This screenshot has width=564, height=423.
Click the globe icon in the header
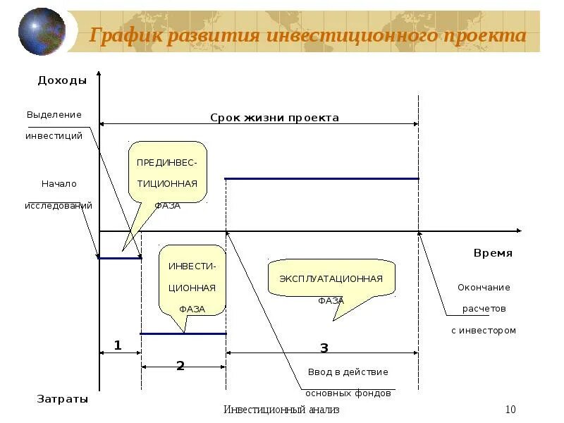42,32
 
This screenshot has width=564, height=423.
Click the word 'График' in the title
124,36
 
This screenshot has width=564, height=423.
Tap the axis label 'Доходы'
62,80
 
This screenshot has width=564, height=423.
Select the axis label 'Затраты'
62,399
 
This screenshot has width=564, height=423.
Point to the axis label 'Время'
493,253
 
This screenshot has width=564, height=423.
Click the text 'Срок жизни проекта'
274,118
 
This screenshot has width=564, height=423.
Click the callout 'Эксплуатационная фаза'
331,279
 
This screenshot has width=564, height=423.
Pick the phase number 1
118,345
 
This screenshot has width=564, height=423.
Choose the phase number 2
180,365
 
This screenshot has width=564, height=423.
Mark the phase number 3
324,348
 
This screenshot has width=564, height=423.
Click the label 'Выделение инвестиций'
54,125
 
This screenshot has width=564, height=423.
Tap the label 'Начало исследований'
59,195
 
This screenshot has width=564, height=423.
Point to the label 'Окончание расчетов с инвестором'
484,309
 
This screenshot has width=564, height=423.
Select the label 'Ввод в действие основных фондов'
348,382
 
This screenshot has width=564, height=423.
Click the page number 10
511,410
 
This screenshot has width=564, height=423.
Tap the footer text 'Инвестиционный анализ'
281,410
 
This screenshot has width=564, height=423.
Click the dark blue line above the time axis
321,179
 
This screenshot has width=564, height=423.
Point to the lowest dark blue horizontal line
183,333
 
